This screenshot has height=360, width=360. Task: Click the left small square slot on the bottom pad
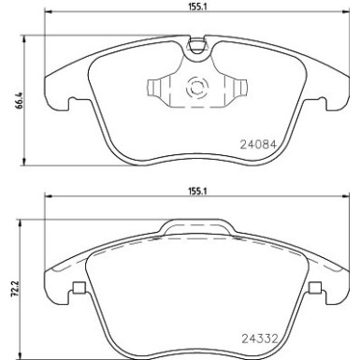click(79, 287)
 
